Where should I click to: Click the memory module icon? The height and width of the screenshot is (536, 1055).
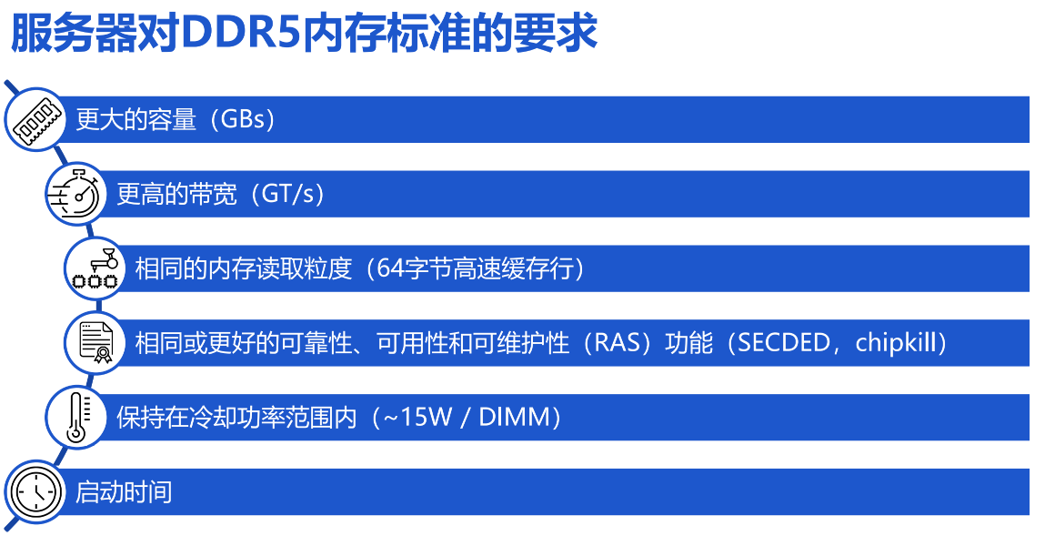[x=35, y=120]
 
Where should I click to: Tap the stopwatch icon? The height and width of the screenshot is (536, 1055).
[x=75, y=194]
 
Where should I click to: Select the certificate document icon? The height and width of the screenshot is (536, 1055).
[x=96, y=343]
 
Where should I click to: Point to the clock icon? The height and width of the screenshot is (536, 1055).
[x=35, y=492]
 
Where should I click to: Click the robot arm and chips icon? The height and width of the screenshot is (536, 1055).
[x=96, y=268]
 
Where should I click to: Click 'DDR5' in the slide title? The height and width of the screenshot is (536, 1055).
[x=240, y=34]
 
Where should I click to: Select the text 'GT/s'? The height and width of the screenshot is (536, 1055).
[x=287, y=194]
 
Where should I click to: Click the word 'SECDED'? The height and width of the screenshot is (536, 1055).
[x=784, y=343]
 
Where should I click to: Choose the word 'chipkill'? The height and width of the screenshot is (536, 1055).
[x=896, y=343]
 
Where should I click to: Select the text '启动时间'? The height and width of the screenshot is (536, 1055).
[x=124, y=492]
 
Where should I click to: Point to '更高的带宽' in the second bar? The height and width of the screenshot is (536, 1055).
[x=177, y=194]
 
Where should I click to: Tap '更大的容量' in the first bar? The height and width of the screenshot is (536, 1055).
[x=136, y=120]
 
